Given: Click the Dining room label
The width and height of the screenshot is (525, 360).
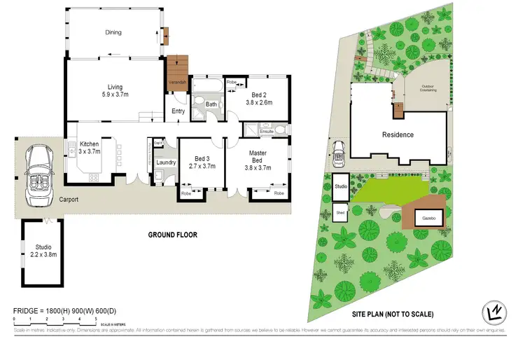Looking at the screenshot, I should point(113,32).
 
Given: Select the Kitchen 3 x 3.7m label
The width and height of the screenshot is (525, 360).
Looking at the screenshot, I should point(89,148).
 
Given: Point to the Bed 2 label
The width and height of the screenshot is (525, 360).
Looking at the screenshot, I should point(259,97).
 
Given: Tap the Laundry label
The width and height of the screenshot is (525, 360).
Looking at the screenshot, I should point(166,162).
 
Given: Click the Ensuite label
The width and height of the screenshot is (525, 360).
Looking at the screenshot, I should point(267,131).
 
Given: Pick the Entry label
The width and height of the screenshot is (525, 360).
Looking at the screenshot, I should point(178,110).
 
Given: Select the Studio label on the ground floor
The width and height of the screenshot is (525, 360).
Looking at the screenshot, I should point(44,250).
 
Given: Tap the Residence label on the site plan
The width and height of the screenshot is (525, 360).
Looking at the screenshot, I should point(398,134).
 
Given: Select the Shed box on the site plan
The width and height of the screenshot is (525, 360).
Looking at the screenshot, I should point(341,212).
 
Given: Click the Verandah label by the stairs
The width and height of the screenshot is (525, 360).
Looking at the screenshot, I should point(176,83).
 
